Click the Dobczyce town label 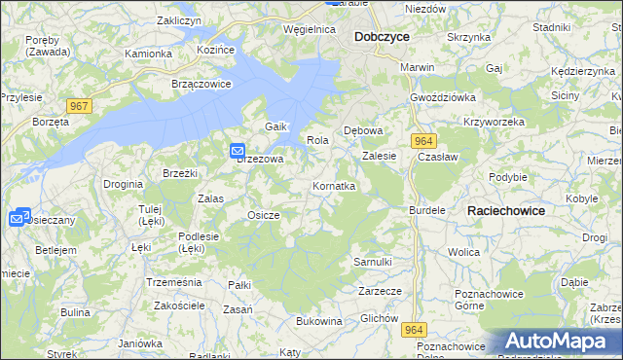pyautogui.click(x=382, y=36)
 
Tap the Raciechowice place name pyautogui.click(x=505, y=210)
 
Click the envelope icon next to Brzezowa pyautogui.click(x=238, y=151)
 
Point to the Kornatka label pyautogui.click(x=333, y=185)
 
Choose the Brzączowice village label pyautogui.click(x=201, y=84)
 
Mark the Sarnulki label pyautogui.click(x=372, y=262)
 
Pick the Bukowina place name pyautogui.click(x=319, y=320)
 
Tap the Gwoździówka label pyautogui.click(x=442, y=98)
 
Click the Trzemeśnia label pyautogui.click(x=172, y=281)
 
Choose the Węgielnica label pyautogui.click(x=309, y=30)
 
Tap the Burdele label pyautogui.click(x=426, y=210)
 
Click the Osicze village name pyautogui.click(x=264, y=215)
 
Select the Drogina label pyautogui.click(x=124, y=183)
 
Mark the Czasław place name pyautogui.click(x=437, y=156)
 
